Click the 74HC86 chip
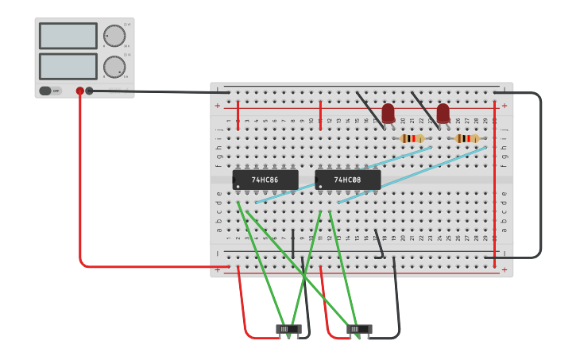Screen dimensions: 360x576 (x=265, y=180)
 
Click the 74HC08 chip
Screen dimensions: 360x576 (x=348, y=180)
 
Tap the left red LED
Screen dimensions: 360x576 (x=388, y=114)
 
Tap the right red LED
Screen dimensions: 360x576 (x=443, y=114)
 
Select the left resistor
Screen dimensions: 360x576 (x=412, y=138)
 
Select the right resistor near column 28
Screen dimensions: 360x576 (x=466, y=138)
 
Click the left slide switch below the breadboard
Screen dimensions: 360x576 (x=288, y=328)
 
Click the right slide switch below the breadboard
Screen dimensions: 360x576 (x=359, y=328)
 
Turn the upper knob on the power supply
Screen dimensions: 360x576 (x=114, y=36)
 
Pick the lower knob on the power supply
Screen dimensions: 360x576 (x=114, y=67)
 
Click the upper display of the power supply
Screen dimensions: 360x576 (x=68, y=36)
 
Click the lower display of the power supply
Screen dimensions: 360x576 (x=68, y=66)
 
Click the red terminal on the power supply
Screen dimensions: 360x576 (x=79, y=91)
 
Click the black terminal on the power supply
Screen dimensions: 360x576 (x=89, y=91)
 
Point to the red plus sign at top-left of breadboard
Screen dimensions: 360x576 (x=217, y=105)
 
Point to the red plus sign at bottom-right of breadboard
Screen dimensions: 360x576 (x=504, y=270)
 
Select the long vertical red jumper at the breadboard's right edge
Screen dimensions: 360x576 (x=494, y=183)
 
